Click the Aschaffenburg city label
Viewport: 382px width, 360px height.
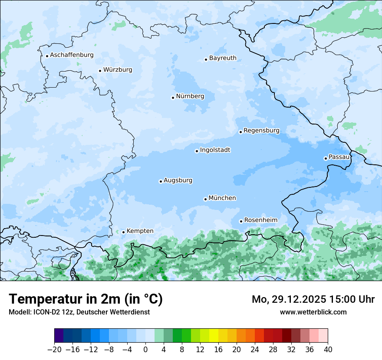pyautogui.click(x=72, y=55)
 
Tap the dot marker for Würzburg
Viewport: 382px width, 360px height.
pyautogui.click(x=100, y=71)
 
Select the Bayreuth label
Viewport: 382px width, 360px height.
pyautogui.click(x=223, y=58)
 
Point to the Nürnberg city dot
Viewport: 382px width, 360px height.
pyautogui.click(x=173, y=98)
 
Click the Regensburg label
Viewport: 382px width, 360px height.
pyautogui.click(x=261, y=130)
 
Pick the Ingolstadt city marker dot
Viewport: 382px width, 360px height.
pyautogui.click(x=197, y=151)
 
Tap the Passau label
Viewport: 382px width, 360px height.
pyautogui.click(x=339, y=157)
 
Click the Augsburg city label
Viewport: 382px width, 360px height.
pyautogui.click(x=178, y=180)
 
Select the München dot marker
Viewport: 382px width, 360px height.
pyautogui.click(x=205, y=199)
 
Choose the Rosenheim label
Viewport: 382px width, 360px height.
pyautogui.click(x=260, y=220)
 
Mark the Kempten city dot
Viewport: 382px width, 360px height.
pyautogui.click(x=123, y=232)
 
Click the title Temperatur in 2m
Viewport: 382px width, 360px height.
pyautogui.click(x=86, y=299)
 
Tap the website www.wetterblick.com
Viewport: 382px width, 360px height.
pyautogui.click(x=313, y=312)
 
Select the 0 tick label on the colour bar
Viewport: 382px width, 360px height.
pyautogui.click(x=145, y=350)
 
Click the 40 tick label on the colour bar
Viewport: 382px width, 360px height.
pyautogui.click(x=328, y=350)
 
